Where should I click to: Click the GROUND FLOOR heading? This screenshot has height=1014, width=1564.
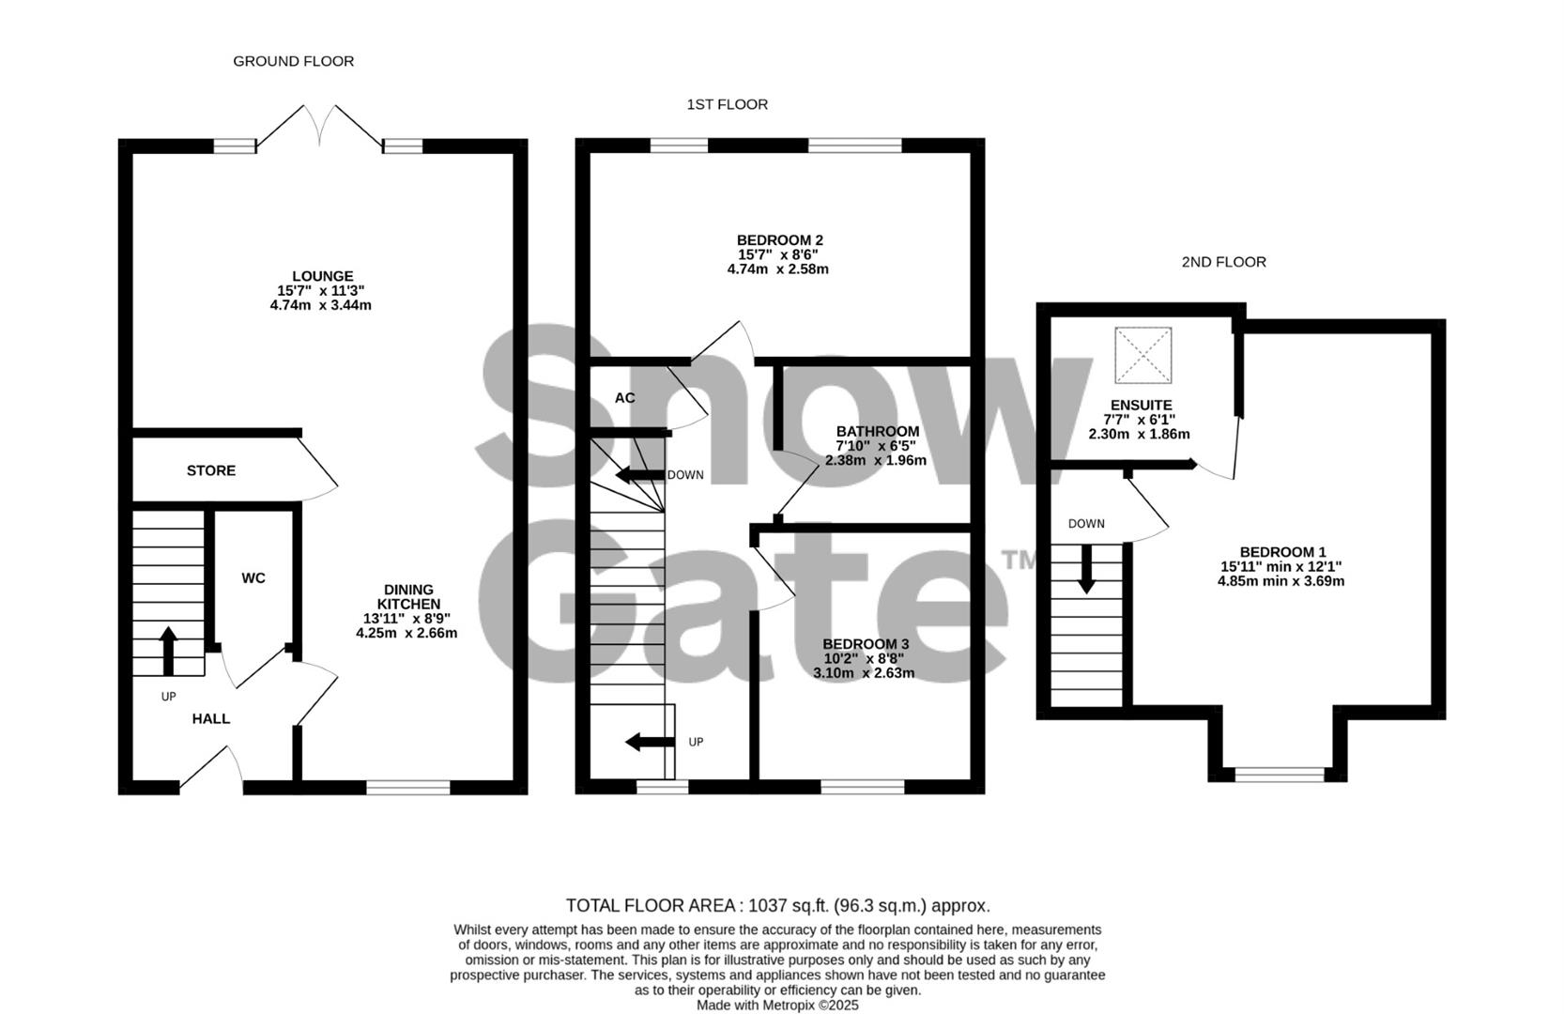(293, 61)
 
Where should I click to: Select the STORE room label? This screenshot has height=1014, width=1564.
(211, 470)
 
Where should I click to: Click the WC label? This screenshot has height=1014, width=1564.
(253, 578)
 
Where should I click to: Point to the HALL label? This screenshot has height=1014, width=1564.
(211, 718)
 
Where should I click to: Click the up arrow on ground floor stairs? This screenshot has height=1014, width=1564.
(169, 651)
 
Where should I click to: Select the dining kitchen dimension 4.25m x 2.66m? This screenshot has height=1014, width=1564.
(406, 633)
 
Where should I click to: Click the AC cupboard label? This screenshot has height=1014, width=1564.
(625, 398)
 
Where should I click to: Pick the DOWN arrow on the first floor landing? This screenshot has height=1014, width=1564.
(639, 475)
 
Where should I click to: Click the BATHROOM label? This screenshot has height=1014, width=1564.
(878, 431)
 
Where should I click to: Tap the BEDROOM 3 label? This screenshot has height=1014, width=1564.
(866, 644)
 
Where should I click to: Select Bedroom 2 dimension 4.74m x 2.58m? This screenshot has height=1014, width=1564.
(777, 269)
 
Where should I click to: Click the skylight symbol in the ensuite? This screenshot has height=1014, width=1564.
(1142, 355)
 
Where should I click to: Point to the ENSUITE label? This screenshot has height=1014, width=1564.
(1141, 406)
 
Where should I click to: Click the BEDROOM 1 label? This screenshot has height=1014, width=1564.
(1282, 552)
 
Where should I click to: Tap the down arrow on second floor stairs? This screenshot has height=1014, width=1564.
(1086, 568)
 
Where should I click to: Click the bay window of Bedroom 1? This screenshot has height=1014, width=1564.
(1279, 775)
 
